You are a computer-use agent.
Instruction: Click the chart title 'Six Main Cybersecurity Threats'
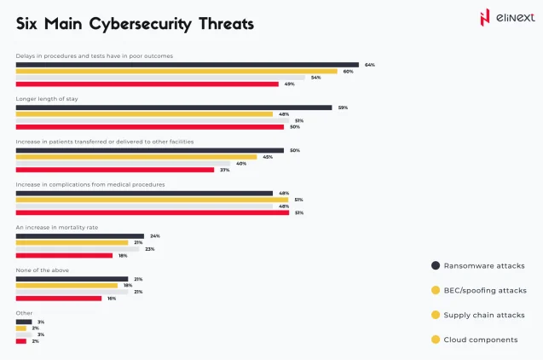[135, 24]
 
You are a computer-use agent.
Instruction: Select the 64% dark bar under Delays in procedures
[187, 65]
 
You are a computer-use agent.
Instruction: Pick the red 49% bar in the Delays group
[147, 84]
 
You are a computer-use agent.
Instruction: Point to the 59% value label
[343, 107]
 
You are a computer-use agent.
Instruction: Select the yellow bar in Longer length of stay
[144, 114]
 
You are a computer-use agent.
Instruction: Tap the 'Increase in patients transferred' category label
[105, 142]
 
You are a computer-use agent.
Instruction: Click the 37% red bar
[115, 170]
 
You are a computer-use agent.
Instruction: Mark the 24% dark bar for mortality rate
[80, 236]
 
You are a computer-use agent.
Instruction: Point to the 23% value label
[149, 249]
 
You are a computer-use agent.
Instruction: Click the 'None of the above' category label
[43, 270]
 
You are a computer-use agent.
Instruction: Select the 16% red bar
[58, 299]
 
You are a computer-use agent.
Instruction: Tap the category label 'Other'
[25, 313]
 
